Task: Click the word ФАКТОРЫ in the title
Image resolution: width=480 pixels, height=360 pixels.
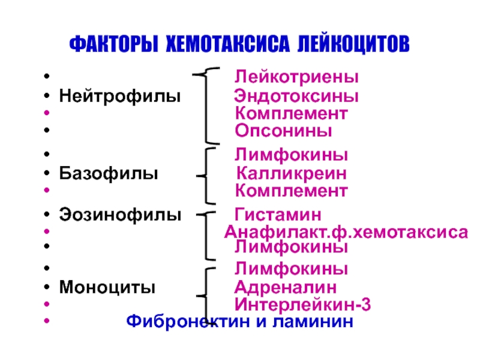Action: (x=113, y=44)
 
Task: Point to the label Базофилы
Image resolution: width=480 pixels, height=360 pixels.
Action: (x=109, y=174)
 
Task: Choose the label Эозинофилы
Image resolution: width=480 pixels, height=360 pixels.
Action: (x=119, y=214)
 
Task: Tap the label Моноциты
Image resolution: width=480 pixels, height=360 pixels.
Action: (x=107, y=287)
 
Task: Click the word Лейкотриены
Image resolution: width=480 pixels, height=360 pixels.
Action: (x=296, y=77)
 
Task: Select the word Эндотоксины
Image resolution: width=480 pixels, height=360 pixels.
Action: (x=296, y=95)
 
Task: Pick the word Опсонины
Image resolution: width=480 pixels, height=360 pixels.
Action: (x=283, y=130)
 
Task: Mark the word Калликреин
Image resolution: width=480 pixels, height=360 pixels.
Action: (x=291, y=174)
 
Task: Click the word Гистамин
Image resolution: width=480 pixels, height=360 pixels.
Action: (x=277, y=214)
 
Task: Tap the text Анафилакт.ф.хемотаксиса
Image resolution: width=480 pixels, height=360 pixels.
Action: (x=346, y=232)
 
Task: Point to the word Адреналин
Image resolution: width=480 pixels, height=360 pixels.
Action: (x=285, y=287)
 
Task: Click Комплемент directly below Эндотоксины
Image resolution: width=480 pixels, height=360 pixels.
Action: (x=291, y=113)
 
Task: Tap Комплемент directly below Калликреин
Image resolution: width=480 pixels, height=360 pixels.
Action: (x=291, y=191)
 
